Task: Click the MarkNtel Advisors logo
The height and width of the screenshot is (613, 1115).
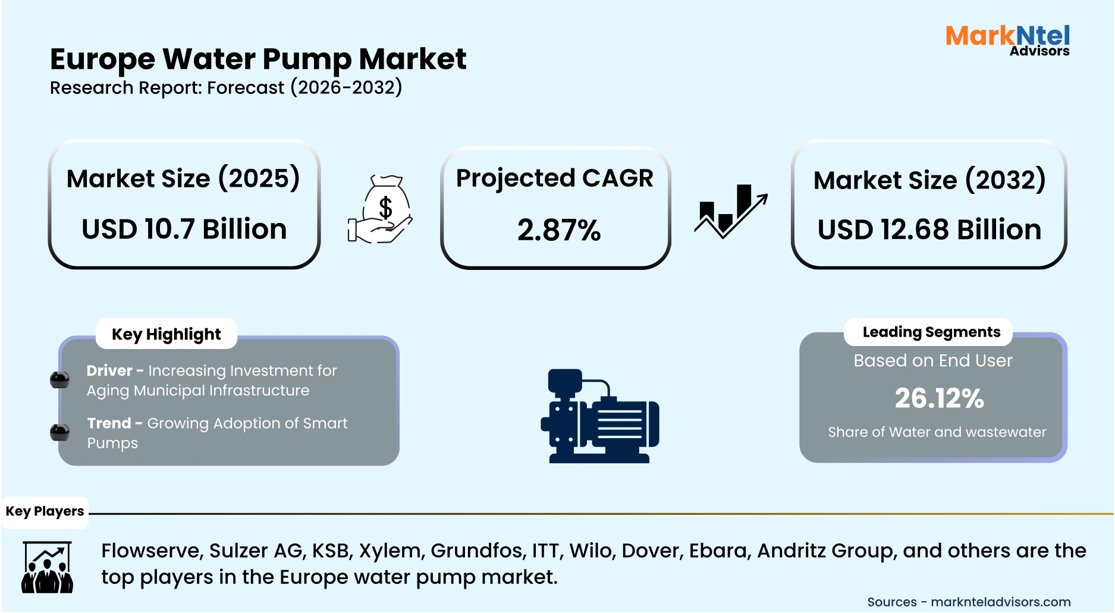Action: pos(1007,40)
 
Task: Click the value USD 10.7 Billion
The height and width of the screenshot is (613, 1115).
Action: pos(184,230)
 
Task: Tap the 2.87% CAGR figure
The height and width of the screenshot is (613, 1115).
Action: pos(559,231)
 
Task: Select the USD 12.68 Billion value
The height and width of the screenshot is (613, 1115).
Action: pos(929,230)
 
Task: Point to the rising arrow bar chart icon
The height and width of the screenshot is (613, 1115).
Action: pos(731,211)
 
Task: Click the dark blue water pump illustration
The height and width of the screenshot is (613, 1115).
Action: pos(599,416)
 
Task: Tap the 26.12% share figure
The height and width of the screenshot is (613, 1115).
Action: pos(939,398)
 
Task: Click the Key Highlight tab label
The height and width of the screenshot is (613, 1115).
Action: pos(167,334)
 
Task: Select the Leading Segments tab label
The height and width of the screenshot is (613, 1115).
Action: pos(931,332)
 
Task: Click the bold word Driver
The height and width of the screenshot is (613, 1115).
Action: pos(109,371)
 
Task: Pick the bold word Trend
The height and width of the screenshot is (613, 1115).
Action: pos(109,423)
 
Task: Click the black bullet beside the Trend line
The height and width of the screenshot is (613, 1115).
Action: pos(59,432)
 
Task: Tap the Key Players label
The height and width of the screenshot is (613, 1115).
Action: pos(45,511)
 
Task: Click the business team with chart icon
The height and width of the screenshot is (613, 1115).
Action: pos(48,567)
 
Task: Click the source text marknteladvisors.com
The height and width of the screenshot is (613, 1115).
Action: pos(1000,602)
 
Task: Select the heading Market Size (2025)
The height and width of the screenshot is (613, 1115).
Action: pos(183,179)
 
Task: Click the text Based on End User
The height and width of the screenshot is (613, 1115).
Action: pos(932,361)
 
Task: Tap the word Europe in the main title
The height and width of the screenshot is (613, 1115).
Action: pos(102,59)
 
